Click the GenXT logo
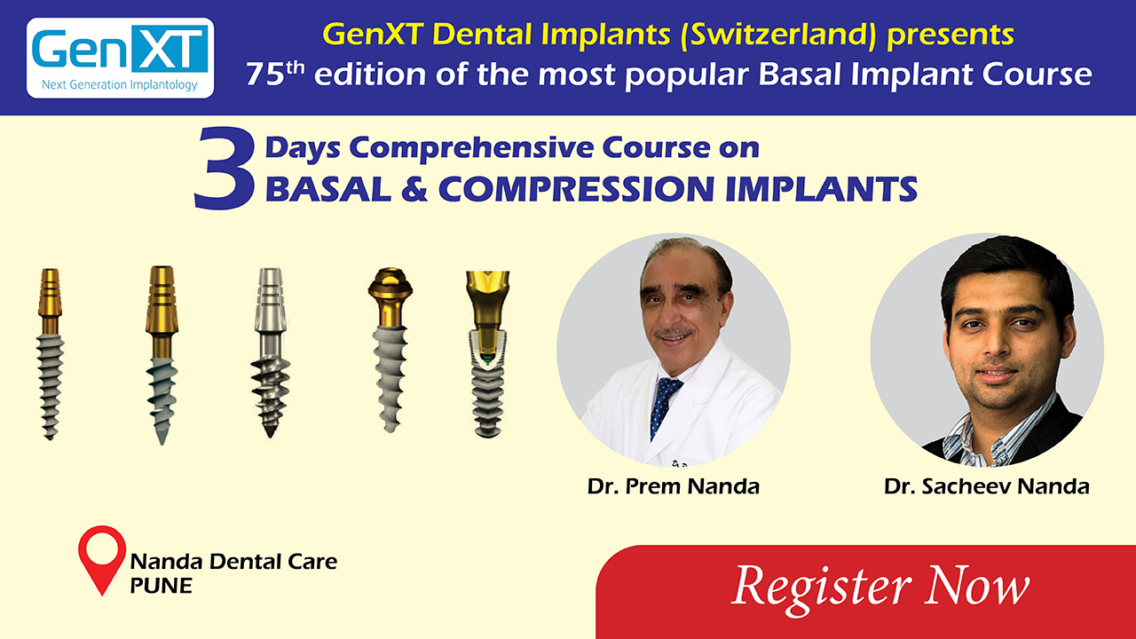tap(120, 58)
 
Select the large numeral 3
tap(225, 168)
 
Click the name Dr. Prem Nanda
tap(674, 486)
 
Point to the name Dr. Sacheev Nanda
tap(986, 486)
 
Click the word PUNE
tap(162, 586)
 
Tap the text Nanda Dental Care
tap(233, 562)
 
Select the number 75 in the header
tap(265, 74)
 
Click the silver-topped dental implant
tap(271, 352)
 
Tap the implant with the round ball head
tap(390, 350)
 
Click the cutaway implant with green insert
tap(488, 354)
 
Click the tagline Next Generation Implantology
tap(120, 84)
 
